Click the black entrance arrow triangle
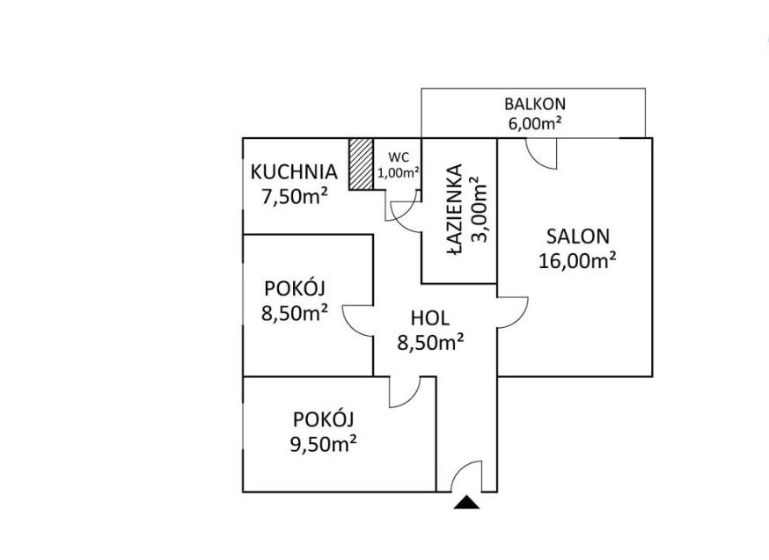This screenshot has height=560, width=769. (466, 503)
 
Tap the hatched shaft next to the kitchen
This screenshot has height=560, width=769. (361, 164)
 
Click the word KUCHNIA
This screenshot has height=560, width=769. (294, 172)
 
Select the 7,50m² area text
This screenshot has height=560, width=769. (295, 198)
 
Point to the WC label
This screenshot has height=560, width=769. (399, 157)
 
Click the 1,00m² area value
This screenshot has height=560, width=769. (398, 172)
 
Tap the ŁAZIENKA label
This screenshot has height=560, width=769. (455, 209)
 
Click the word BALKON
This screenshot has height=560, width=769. (535, 104)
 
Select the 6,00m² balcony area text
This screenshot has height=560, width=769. (535, 123)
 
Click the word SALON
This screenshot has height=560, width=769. (578, 236)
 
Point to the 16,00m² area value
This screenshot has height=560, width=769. (577, 260)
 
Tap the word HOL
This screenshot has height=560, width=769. (430, 318)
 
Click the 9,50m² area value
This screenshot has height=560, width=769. (323, 444)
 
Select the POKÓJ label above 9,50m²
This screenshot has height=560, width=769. (323, 420)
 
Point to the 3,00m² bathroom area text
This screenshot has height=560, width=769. (479, 209)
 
